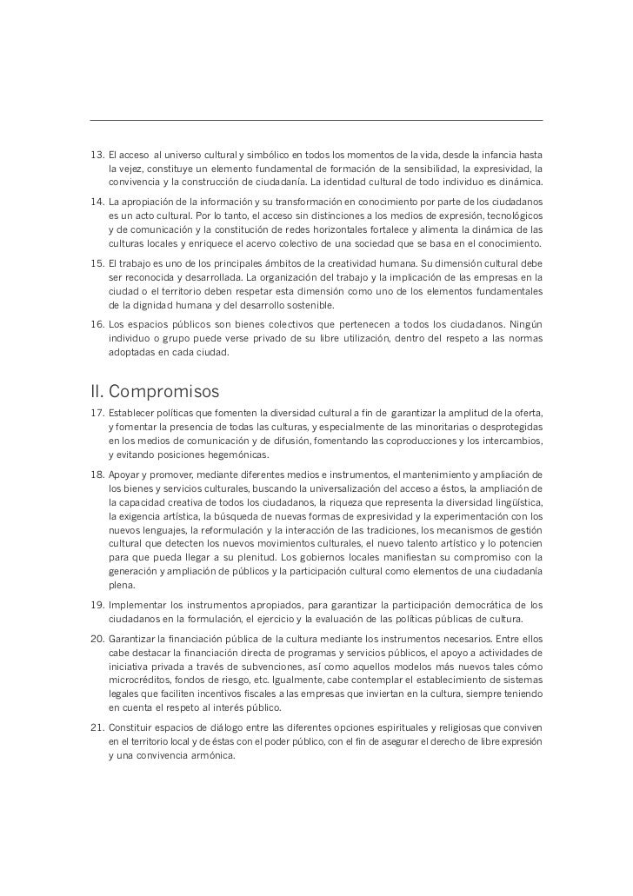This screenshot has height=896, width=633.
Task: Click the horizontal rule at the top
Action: click(316, 120)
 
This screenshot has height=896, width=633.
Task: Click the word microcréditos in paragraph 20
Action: click(143, 680)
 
